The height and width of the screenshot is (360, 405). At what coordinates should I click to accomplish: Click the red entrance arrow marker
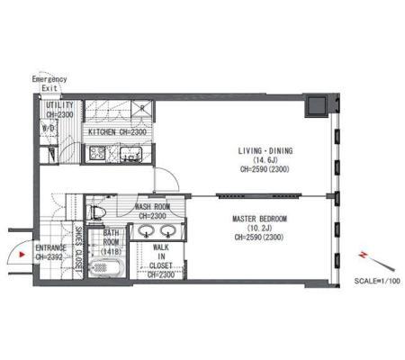click(22, 255)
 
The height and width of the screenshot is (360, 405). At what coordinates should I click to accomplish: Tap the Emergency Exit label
click(49, 84)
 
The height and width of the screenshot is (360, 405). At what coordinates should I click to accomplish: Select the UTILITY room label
click(59, 105)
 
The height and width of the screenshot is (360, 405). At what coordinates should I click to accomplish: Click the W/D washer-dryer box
click(49, 128)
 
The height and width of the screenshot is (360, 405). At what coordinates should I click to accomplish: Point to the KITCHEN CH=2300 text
click(117, 132)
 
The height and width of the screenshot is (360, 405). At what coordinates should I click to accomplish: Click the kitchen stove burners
click(97, 153)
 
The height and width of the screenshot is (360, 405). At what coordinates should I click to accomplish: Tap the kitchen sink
click(131, 155)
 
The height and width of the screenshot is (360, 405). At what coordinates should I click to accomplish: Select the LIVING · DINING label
click(265, 151)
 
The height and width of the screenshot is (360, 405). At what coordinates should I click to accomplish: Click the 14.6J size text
click(265, 160)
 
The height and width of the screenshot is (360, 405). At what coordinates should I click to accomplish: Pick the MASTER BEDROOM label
click(260, 219)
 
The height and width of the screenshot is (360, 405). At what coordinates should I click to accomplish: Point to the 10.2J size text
click(260, 228)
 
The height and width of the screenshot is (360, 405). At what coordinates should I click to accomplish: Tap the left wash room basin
click(146, 231)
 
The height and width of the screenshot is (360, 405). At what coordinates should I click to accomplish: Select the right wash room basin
click(168, 231)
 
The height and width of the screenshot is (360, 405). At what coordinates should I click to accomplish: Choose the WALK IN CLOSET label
click(161, 256)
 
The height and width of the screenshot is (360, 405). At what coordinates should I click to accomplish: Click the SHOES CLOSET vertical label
click(78, 249)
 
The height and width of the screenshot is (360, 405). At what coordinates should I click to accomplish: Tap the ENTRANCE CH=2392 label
click(50, 253)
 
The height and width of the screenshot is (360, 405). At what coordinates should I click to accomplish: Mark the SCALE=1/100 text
click(377, 281)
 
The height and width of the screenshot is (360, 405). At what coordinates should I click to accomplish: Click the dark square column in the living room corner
click(316, 106)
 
